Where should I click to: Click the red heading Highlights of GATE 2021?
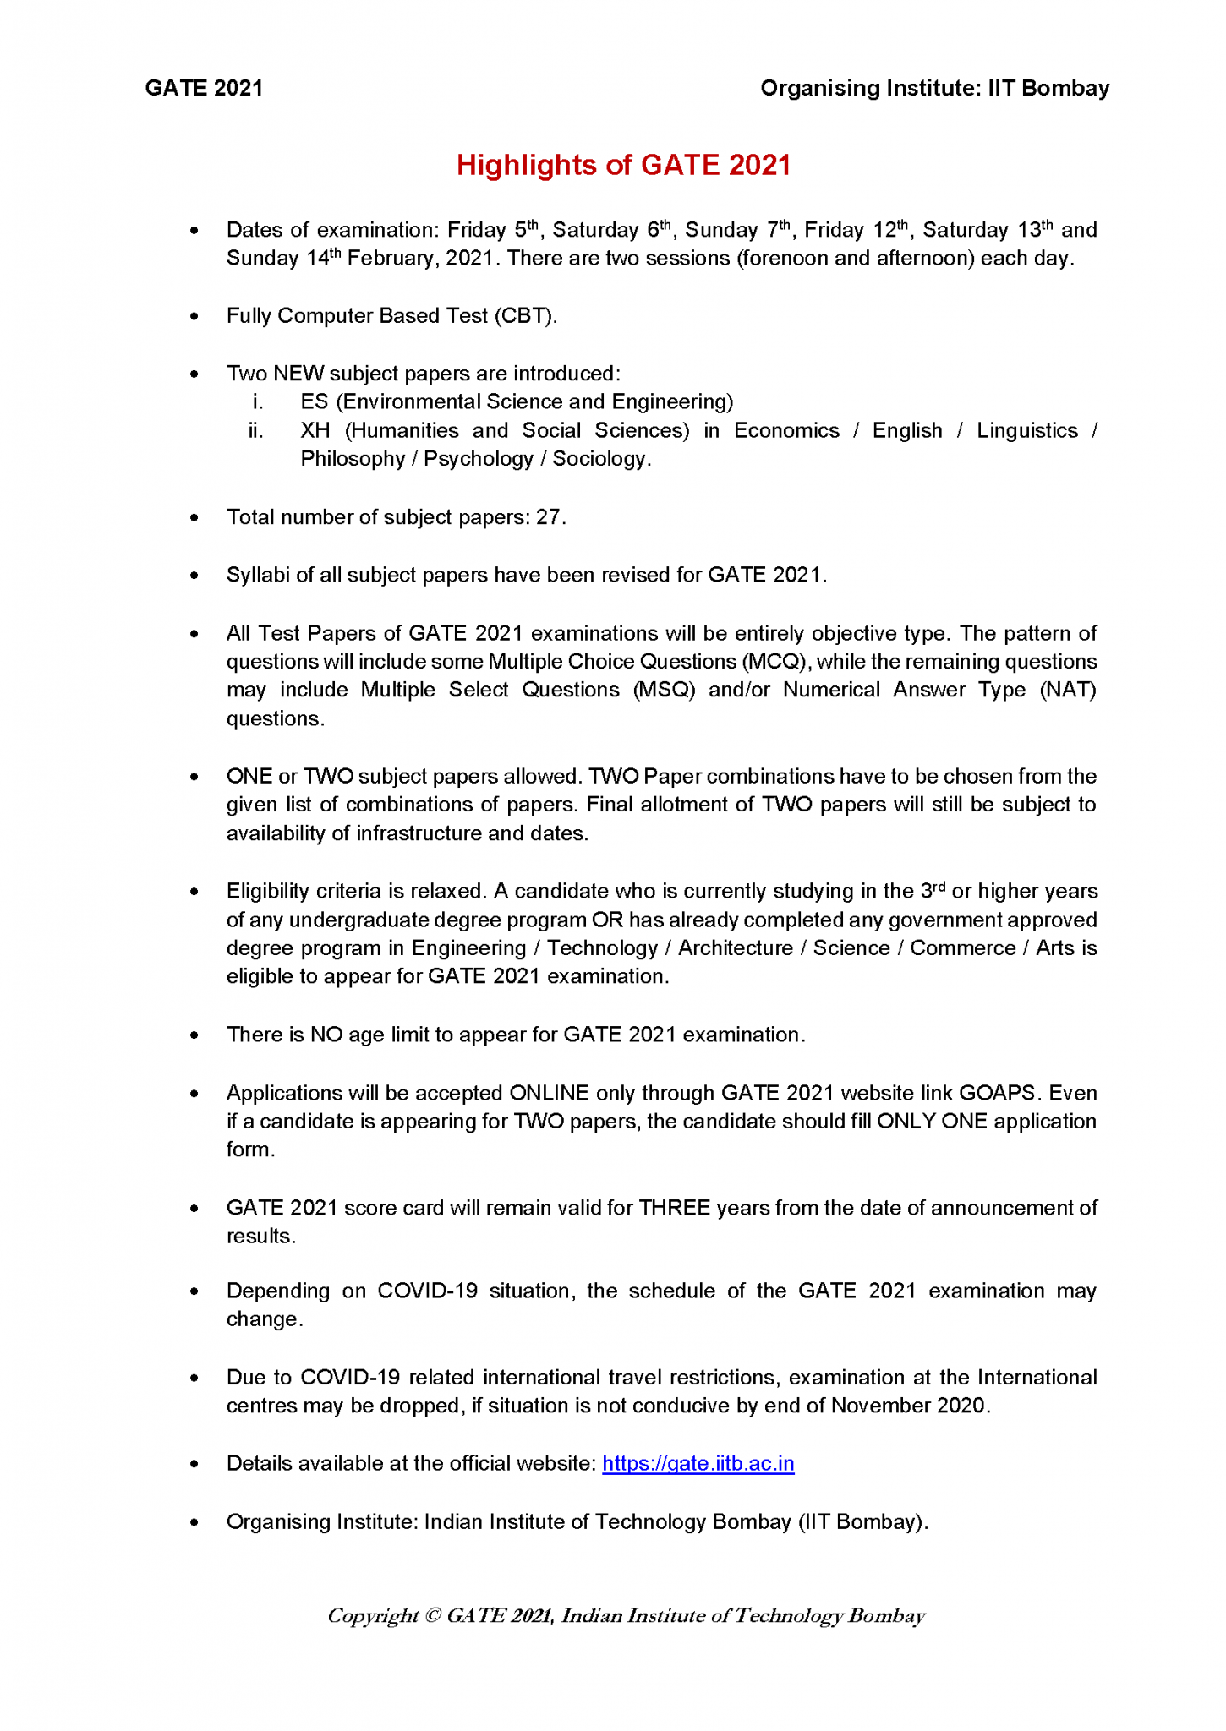point(623,165)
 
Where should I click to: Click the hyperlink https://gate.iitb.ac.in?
point(698,1463)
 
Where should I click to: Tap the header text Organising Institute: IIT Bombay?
point(934,88)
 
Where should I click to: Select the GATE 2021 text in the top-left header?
point(204,88)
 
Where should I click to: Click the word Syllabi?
point(255,576)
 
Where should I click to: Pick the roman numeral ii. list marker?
point(255,431)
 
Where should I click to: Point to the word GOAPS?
point(997,1093)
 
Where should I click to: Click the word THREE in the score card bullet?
point(674,1208)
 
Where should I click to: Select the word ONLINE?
point(549,1093)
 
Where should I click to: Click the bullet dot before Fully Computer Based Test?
point(194,317)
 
